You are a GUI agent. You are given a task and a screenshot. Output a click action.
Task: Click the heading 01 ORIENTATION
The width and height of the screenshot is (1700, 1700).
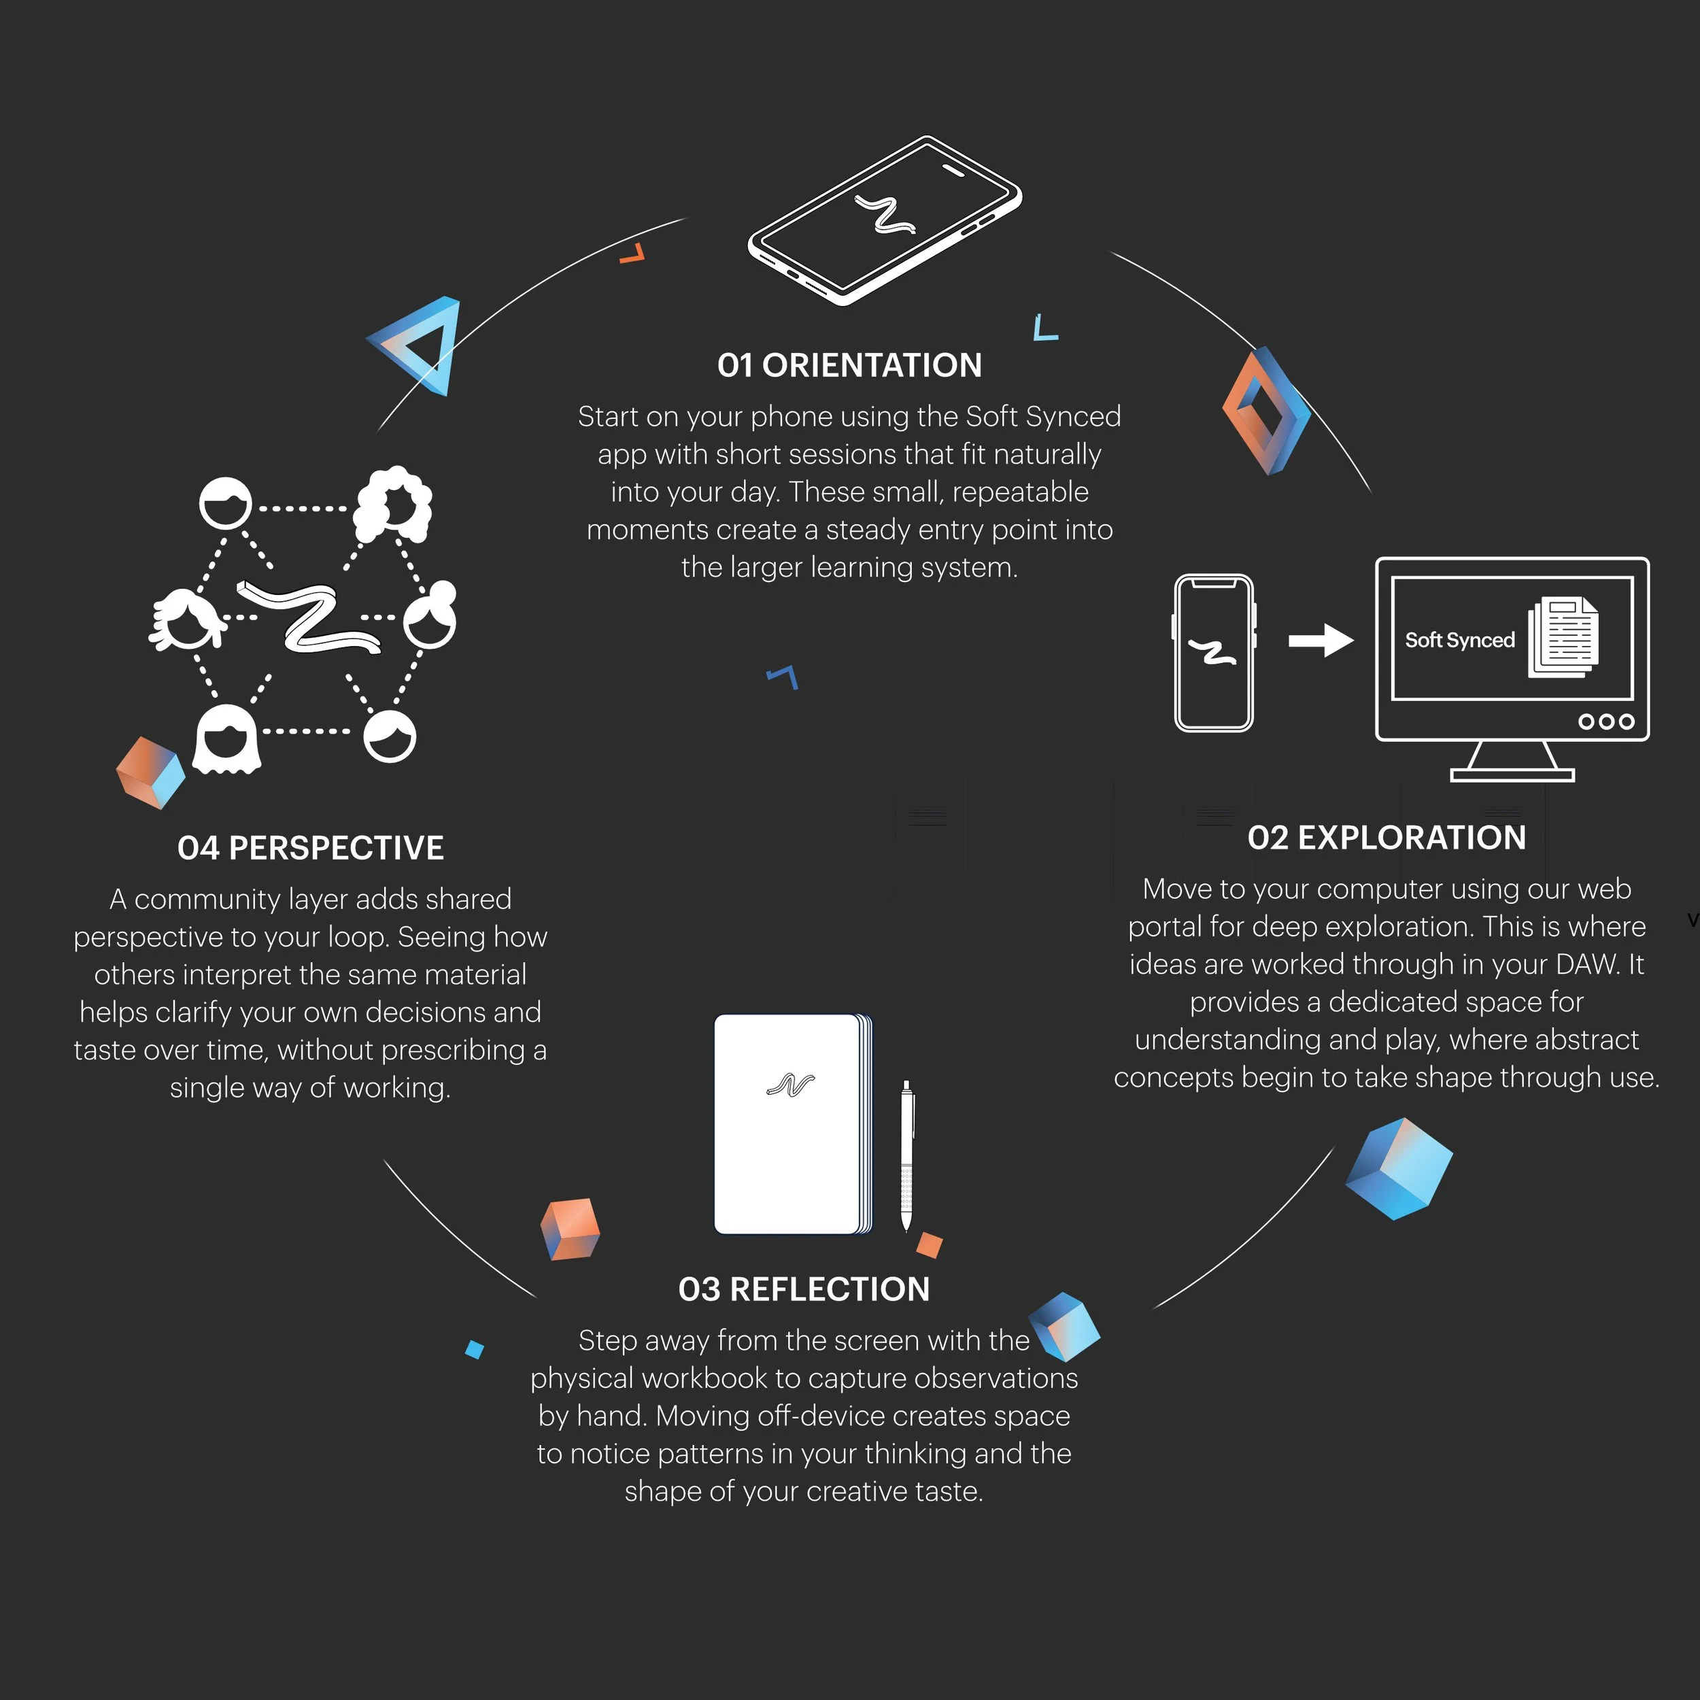[x=849, y=365]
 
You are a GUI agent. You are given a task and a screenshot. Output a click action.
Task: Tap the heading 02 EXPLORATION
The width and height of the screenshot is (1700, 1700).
[x=1386, y=838]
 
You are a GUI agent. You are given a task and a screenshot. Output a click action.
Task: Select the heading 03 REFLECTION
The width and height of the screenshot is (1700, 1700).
[x=803, y=1289]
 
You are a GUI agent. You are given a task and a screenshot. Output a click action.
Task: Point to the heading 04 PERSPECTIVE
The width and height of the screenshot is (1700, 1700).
[x=311, y=848]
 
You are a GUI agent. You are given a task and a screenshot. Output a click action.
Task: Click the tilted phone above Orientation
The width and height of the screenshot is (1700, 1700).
[x=884, y=220]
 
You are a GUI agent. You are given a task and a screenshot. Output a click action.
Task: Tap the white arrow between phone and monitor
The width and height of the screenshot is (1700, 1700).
[x=1320, y=641]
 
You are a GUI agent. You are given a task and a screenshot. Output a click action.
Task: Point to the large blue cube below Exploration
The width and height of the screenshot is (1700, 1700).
[x=1399, y=1168]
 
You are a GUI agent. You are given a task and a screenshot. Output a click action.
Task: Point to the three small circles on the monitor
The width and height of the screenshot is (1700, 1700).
[x=1606, y=721]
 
